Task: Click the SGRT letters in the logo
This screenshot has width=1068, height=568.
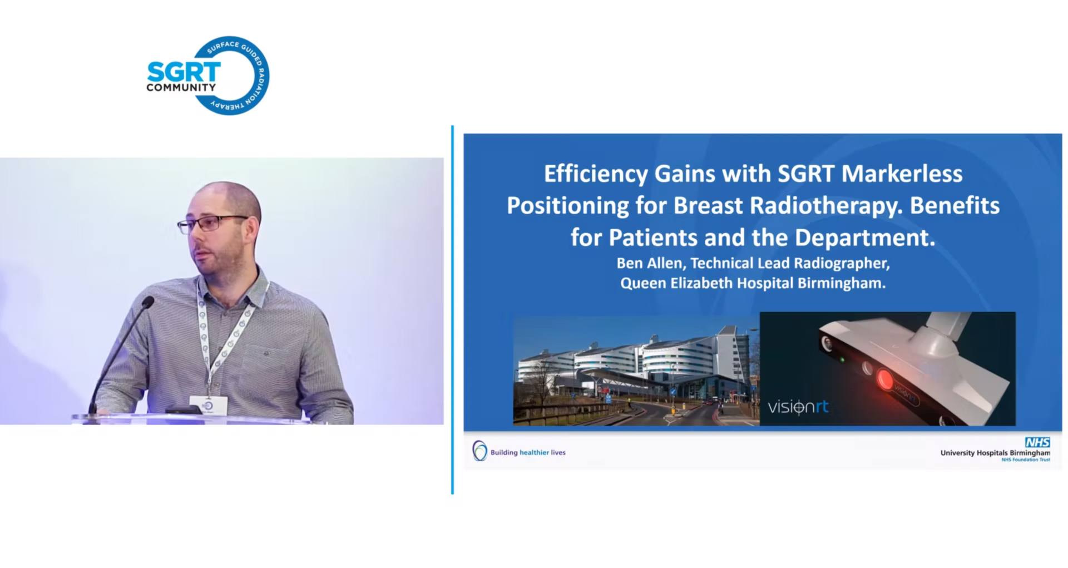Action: (x=184, y=72)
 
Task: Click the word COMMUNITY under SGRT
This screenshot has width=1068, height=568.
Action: (x=181, y=87)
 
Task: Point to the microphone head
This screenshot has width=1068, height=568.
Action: (x=147, y=302)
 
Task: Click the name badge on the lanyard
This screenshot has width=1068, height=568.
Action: (x=209, y=406)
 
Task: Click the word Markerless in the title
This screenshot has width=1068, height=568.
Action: (x=902, y=174)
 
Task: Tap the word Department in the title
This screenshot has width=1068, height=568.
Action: (x=865, y=238)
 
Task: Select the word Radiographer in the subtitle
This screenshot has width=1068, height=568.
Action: (x=842, y=264)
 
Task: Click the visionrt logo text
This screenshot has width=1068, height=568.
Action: (x=798, y=407)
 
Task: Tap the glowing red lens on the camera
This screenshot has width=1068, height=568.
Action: (x=884, y=380)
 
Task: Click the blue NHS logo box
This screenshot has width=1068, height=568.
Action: (x=1037, y=442)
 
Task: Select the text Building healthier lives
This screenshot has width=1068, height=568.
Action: (x=528, y=452)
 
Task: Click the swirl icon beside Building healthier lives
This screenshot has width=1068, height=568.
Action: (x=479, y=451)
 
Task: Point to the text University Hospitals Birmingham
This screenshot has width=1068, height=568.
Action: (x=995, y=453)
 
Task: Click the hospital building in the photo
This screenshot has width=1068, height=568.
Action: (x=634, y=362)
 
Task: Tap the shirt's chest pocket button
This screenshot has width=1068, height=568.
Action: (x=266, y=353)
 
